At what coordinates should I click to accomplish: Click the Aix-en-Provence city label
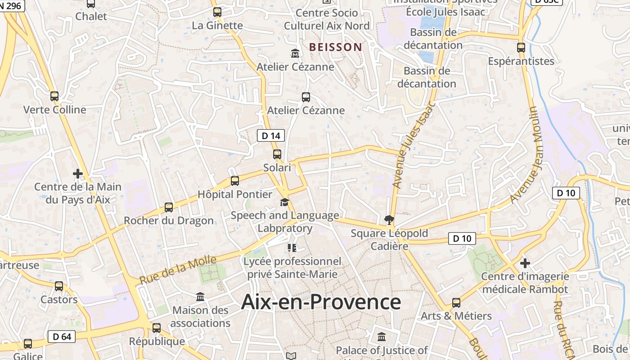321,302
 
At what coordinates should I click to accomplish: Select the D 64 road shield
62,336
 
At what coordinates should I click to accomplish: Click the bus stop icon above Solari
277,154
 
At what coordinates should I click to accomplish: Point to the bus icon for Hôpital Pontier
235,181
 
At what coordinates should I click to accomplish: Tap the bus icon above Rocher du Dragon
169,207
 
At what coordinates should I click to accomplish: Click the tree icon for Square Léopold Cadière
389,220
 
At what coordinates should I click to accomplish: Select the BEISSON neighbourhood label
336,47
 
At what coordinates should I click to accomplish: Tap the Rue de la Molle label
178,270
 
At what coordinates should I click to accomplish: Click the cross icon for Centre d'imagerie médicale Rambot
525,263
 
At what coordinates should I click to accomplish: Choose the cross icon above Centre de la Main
78,173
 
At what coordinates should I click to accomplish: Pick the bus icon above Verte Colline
54,96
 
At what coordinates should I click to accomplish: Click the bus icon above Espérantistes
521,47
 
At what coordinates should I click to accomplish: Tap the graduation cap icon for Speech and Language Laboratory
284,202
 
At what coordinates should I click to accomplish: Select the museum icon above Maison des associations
200,297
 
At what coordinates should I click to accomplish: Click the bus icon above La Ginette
217,12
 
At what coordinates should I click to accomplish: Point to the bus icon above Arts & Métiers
456,303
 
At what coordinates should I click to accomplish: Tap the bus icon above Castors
59,286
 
